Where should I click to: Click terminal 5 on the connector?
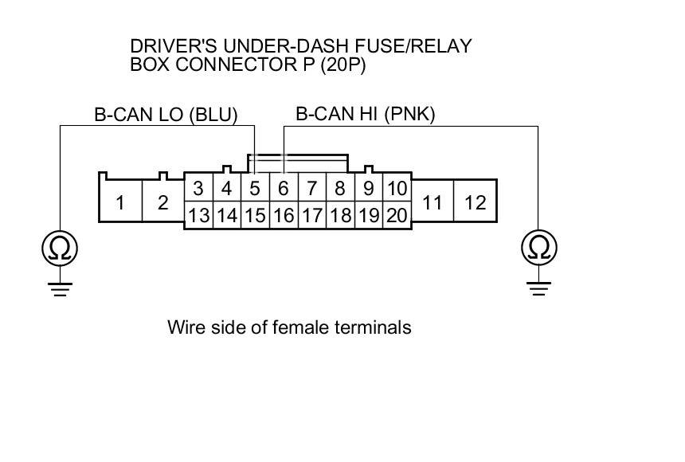point(255,189)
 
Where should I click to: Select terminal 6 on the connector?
point(284,189)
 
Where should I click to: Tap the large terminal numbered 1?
point(119,202)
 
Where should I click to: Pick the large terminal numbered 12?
point(475,202)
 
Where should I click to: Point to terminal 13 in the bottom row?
point(198,215)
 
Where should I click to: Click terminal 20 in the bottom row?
point(397,215)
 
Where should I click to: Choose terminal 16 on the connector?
point(284,215)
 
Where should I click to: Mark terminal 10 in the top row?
point(397,189)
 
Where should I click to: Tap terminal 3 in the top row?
point(198,189)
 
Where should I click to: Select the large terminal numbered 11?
point(432,202)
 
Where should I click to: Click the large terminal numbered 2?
point(162,202)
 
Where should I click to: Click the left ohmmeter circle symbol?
point(61,249)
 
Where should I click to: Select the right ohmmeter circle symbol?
point(539,249)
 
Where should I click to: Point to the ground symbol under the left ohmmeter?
point(61,286)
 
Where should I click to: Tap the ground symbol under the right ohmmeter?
point(539,286)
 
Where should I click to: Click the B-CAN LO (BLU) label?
point(166,115)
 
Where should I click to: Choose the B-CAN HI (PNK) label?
point(366,114)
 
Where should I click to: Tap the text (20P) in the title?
point(342,65)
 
